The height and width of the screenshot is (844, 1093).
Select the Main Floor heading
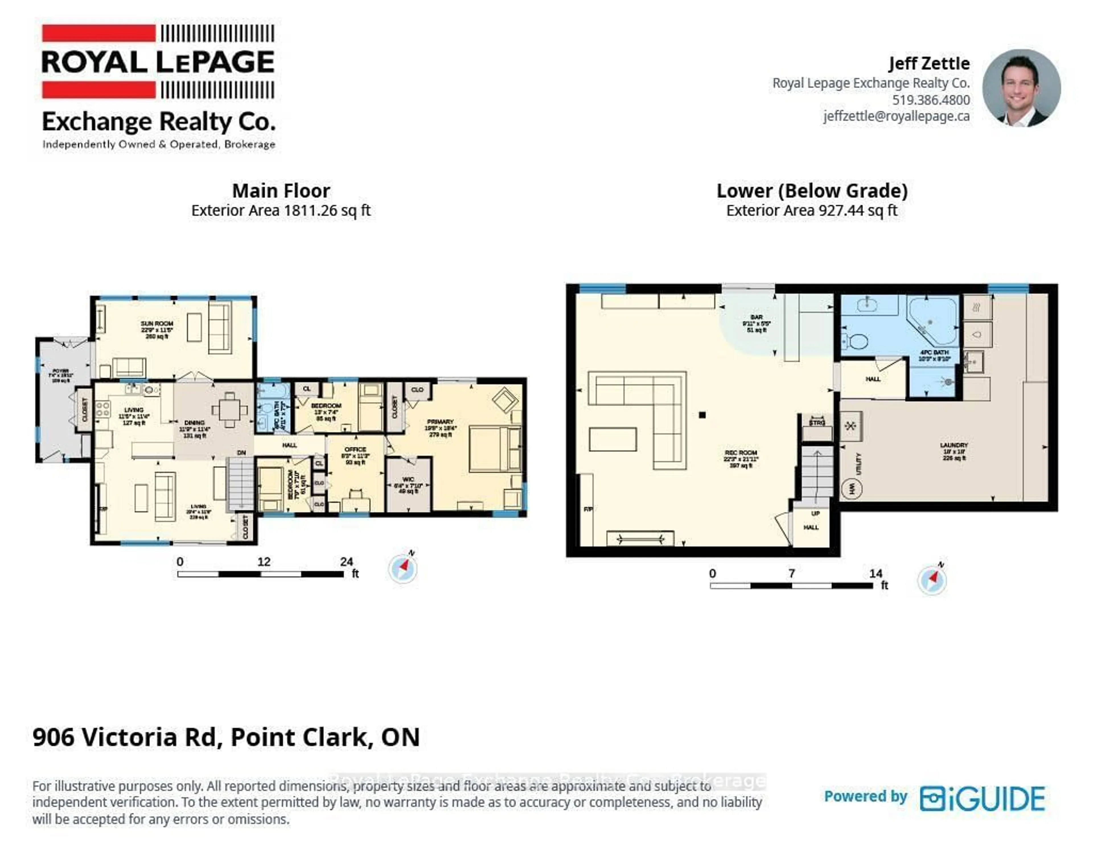pyautogui.click(x=281, y=191)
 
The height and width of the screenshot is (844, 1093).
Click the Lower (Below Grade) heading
pyautogui.click(x=812, y=191)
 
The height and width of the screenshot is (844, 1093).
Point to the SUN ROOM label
pyautogui.click(x=157, y=324)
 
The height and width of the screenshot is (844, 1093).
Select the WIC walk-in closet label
pyautogui.click(x=408, y=479)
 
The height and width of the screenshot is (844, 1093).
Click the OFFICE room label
pyautogui.click(x=355, y=449)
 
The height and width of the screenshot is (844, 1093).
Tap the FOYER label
pyautogui.click(x=61, y=371)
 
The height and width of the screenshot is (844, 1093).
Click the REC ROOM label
pyautogui.click(x=741, y=453)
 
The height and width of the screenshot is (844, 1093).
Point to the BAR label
pyautogui.click(x=756, y=318)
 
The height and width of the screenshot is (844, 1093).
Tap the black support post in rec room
pyautogui.click(x=702, y=415)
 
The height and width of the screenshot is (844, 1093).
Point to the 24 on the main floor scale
pyautogui.click(x=346, y=561)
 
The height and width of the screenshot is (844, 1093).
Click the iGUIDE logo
pyautogui.click(x=982, y=798)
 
